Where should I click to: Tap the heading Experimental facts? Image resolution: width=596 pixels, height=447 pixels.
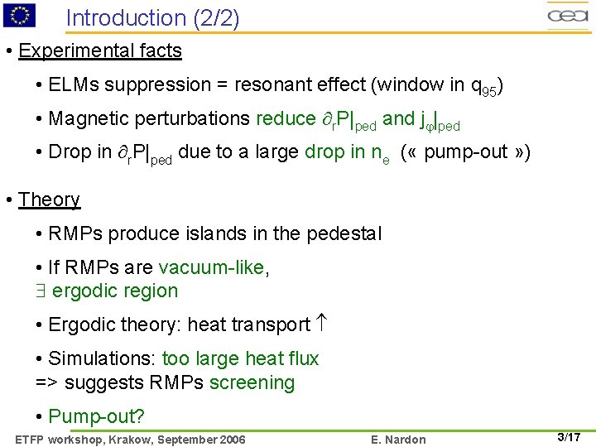pos(100,50)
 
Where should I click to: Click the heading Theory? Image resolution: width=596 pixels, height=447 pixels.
pos(50,199)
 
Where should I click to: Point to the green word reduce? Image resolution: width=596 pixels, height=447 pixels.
pos(286,118)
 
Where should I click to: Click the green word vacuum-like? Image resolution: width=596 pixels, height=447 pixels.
pos(214,267)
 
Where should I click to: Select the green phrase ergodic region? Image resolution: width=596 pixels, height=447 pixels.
pos(115,291)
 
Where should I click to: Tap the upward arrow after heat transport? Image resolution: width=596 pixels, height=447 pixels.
pos(324,324)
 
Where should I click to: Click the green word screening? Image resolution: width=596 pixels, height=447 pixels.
pos(252,382)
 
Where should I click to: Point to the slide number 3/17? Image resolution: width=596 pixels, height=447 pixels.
pos(569,437)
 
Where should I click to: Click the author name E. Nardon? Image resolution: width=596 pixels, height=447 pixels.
pos(400,440)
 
